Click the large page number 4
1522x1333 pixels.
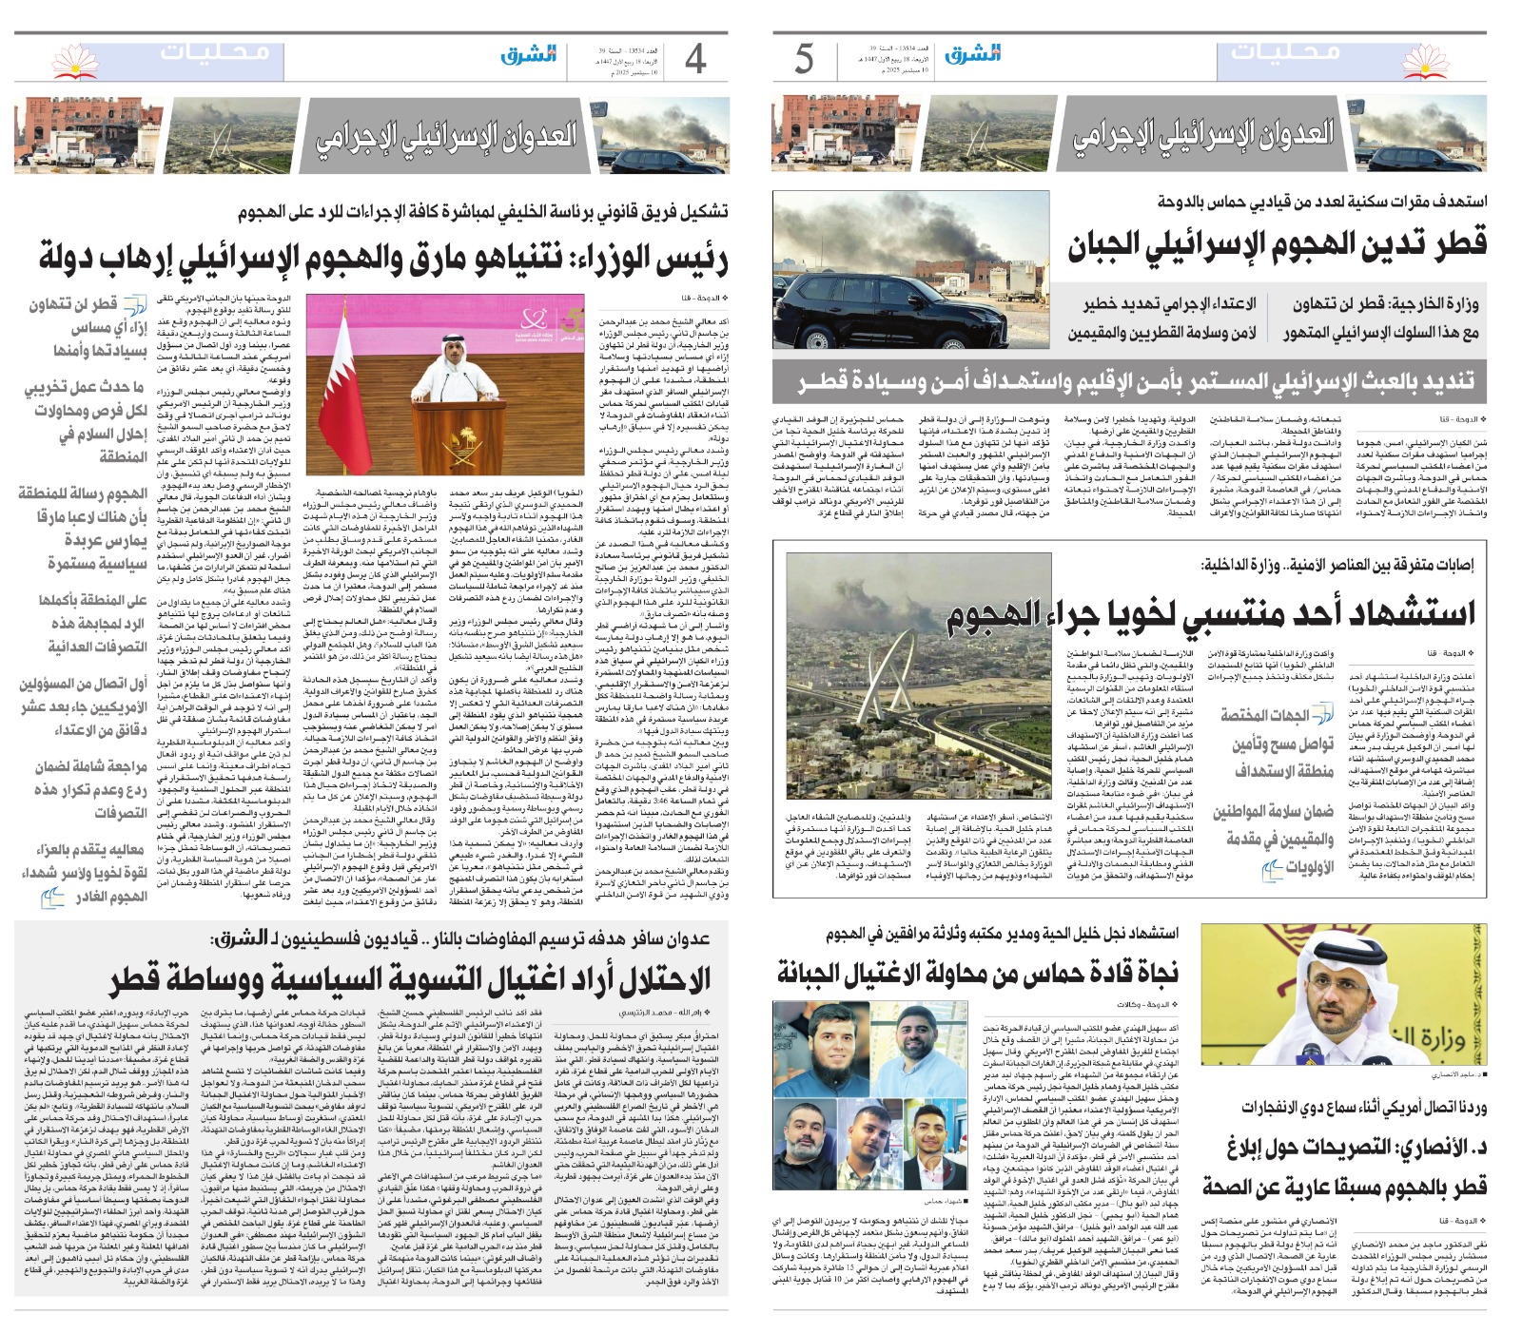pyautogui.click(x=695, y=59)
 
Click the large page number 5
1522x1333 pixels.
pyautogui.click(x=805, y=59)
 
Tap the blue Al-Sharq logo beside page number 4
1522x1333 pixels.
pyautogui.click(x=529, y=55)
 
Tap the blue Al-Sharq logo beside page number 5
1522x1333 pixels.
pyautogui.click(x=972, y=55)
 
